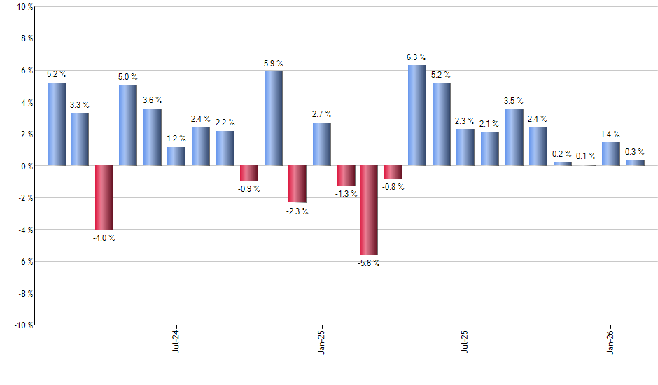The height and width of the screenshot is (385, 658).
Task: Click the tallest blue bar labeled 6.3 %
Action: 416,115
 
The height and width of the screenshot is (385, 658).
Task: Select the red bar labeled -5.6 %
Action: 368,210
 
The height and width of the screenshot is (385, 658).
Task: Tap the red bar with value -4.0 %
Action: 104,197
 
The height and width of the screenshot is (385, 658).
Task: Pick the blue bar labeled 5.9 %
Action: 273,118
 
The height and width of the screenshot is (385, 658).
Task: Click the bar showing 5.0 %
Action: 127,125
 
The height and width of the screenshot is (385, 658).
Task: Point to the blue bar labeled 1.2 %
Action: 176,156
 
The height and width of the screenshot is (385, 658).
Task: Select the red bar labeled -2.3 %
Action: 297,184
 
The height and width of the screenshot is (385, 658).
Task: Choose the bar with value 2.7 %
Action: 321,144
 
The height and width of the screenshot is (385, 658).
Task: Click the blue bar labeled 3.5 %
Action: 514,137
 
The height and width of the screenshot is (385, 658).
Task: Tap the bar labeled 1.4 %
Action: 610,154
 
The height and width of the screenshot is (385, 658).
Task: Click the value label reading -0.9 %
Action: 248,189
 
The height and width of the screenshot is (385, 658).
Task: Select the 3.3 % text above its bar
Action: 80,105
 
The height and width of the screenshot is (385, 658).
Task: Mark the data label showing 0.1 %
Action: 586,156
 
